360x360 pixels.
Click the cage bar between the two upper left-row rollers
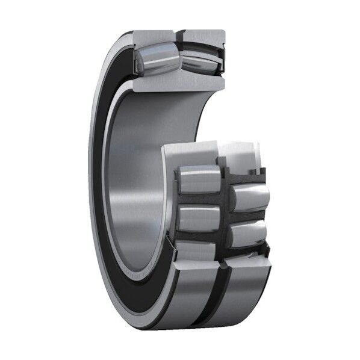(199, 199)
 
